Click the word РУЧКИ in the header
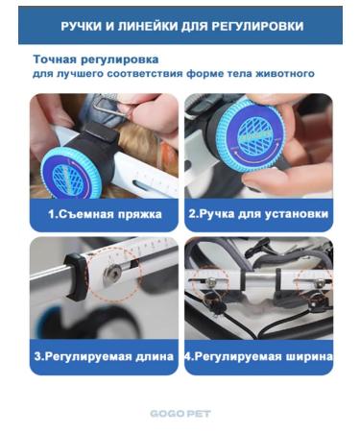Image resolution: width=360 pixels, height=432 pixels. tap(82, 26)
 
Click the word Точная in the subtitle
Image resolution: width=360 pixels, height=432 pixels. tap(55, 60)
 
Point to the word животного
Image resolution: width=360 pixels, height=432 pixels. tap(285, 74)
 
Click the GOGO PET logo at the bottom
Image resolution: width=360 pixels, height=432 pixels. tap(180, 414)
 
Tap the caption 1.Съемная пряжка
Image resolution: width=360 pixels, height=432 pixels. tap(105, 214)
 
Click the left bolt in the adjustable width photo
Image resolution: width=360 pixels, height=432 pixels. tap(210, 281)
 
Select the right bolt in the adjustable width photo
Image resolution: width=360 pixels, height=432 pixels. tap(320, 282)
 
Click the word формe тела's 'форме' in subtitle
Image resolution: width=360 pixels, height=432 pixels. tap(204, 74)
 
